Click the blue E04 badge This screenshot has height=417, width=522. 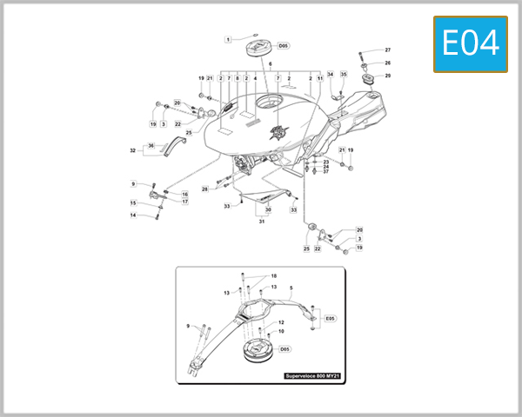(x=470, y=43)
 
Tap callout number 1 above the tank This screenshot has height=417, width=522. (x=228, y=39)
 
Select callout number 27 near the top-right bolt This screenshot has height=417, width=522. (x=388, y=50)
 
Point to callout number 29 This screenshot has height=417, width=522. (x=388, y=76)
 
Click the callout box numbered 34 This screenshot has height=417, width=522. (x=330, y=75)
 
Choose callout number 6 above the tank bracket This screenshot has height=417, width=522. (x=271, y=64)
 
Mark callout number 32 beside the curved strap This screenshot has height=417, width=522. (x=133, y=150)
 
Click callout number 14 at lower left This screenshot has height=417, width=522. (x=133, y=215)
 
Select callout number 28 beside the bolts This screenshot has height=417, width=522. (x=204, y=189)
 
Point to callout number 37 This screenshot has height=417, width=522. (x=326, y=171)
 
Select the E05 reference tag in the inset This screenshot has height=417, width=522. (x=330, y=319)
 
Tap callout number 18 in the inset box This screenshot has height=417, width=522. (x=272, y=275)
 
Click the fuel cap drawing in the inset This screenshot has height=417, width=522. (x=258, y=349)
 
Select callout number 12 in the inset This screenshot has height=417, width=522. (x=281, y=322)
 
